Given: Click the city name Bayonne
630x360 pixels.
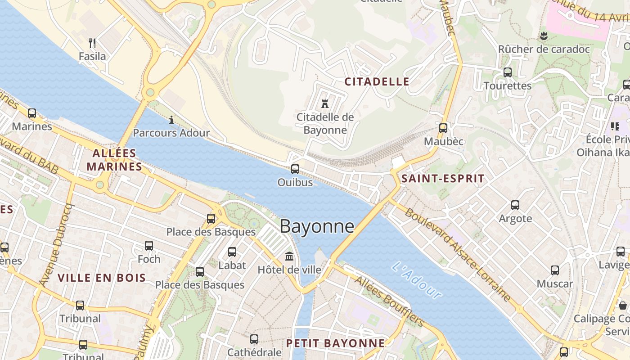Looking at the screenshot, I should click(317, 226).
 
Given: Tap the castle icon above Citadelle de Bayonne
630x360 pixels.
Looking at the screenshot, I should click(324, 104).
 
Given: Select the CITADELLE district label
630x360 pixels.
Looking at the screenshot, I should click(377, 81).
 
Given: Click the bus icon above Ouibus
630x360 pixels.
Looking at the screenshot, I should click(295, 169).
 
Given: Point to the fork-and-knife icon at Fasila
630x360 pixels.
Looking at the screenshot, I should click(92, 43).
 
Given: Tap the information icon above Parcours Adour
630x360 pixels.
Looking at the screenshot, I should click(171, 120).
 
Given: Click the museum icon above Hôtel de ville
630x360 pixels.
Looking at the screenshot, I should click(289, 256).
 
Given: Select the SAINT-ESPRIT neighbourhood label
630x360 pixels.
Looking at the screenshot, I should click(443, 179).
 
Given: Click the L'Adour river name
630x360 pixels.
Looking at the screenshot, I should click(417, 280).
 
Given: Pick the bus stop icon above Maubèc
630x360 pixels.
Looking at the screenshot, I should click(443, 128).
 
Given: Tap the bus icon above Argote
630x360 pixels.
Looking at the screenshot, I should click(515, 205).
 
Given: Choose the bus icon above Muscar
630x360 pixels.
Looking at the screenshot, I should click(555, 270).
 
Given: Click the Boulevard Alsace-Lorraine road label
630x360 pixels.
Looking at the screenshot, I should click(458, 255).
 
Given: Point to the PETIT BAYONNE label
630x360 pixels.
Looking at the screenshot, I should click(336, 343).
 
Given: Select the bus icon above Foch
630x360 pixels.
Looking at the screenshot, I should click(149, 246).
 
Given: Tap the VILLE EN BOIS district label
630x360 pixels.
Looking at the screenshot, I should click(102, 278).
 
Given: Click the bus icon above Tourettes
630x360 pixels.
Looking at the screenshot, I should click(508, 72).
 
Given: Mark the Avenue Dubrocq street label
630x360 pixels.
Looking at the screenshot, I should click(56, 245).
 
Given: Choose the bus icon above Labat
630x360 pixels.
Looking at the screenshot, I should click(232, 252).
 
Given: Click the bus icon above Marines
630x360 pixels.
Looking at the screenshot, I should click(32, 113).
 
